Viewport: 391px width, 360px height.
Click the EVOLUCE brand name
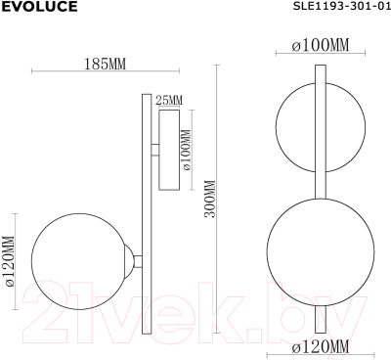pos(36,9)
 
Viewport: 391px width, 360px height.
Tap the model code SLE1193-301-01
pos(333,9)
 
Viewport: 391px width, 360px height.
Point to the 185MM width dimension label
pos(105,64)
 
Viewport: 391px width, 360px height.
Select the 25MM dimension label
pos(169,101)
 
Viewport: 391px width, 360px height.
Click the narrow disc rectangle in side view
pos(168,151)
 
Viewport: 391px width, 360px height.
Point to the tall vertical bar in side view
pos(145,211)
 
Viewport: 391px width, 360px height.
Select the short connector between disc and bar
pos(152,151)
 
